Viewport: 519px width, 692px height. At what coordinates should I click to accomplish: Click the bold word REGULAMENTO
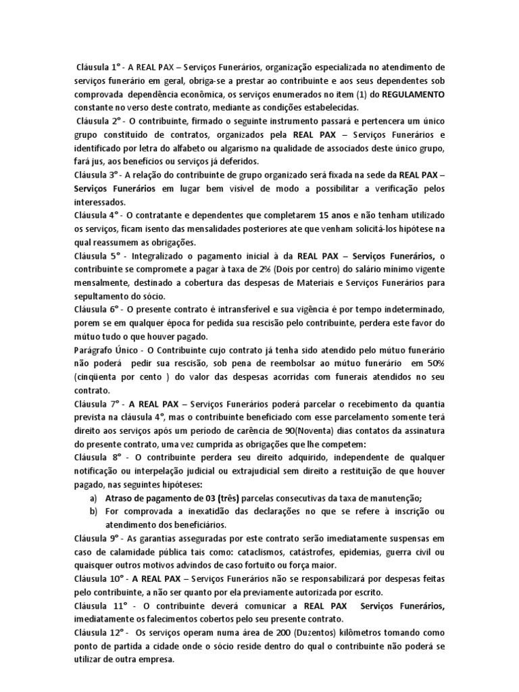tap(413, 93)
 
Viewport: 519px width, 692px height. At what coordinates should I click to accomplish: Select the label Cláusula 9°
tap(97, 539)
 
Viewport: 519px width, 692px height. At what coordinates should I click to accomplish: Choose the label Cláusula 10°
tap(99, 579)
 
